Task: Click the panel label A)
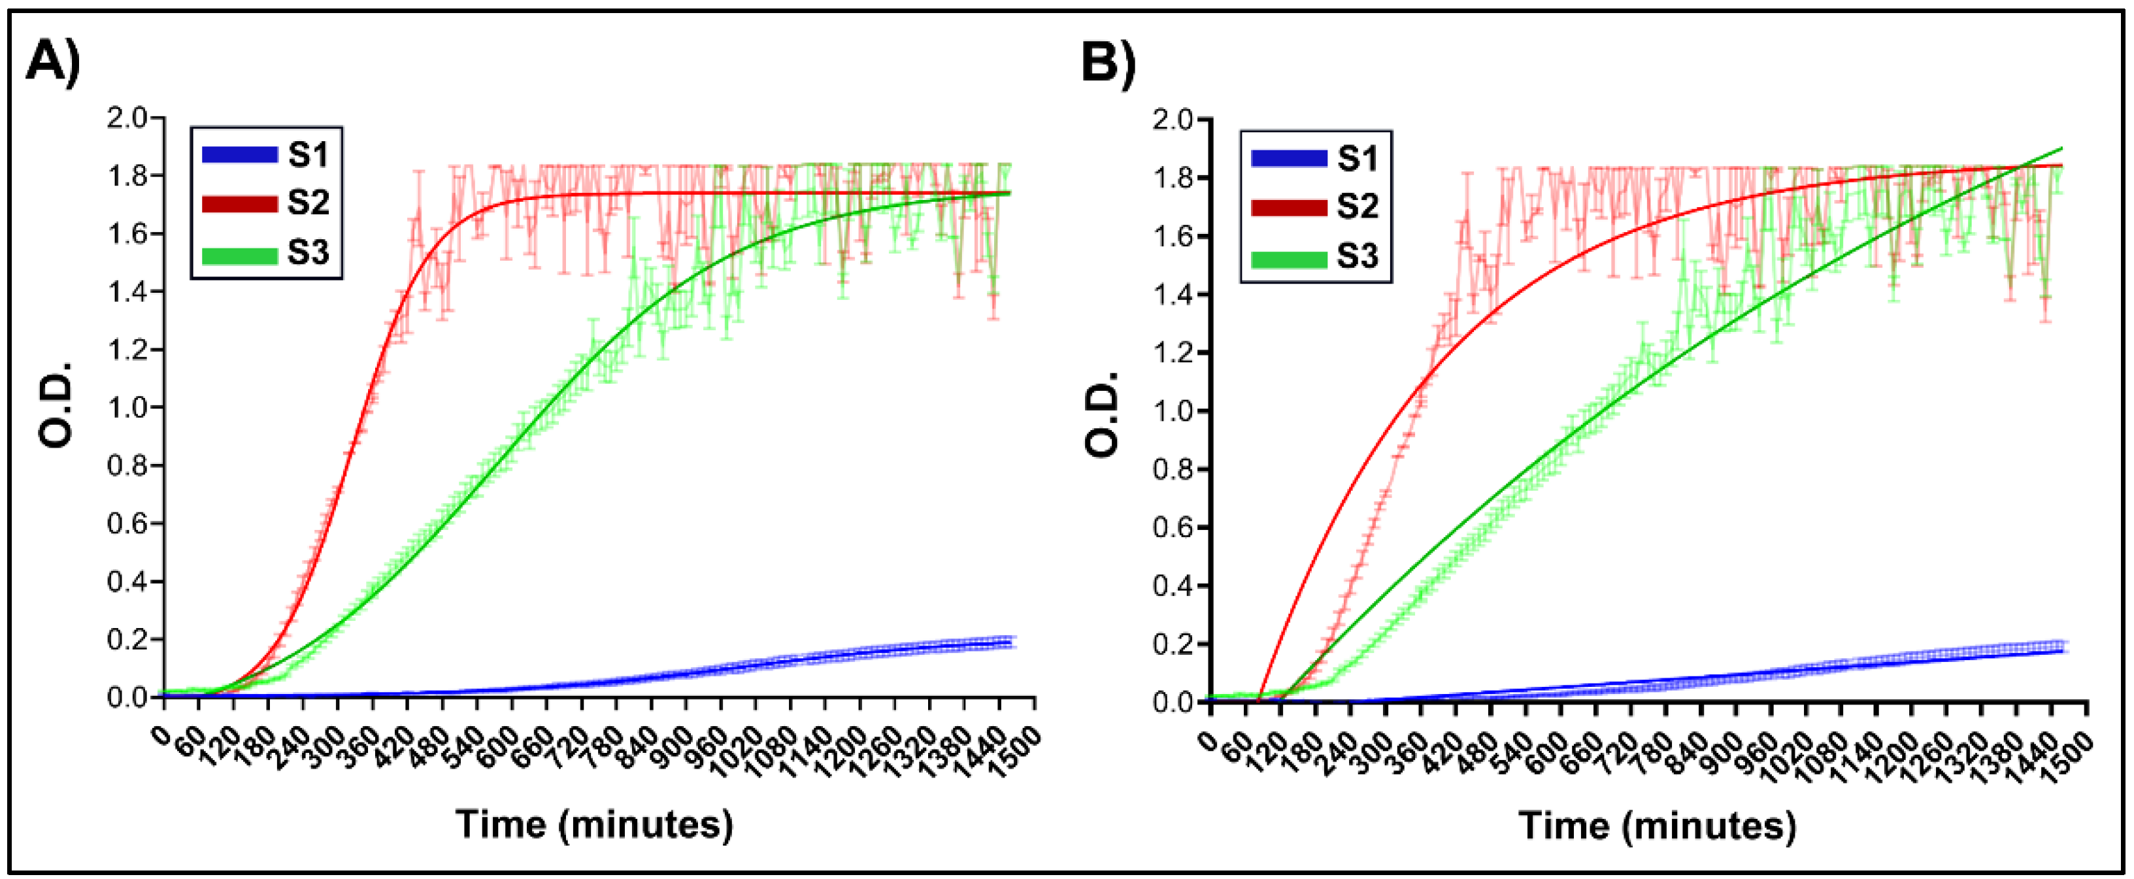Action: pyautogui.click(x=54, y=62)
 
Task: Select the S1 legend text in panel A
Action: pyautogui.click(x=308, y=155)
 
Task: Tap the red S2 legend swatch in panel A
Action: pyautogui.click(x=239, y=203)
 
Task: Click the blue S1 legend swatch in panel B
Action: pyautogui.click(x=1289, y=158)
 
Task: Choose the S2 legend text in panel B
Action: pyautogui.click(x=1357, y=207)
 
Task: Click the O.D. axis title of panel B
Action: pyautogui.click(x=1103, y=412)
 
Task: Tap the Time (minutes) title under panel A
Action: pyautogui.click(x=594, y=824)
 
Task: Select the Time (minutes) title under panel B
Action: pyautogui.click(x=1657, y=826)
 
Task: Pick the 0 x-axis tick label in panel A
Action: pyautogui.click(x=161, y=734)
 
